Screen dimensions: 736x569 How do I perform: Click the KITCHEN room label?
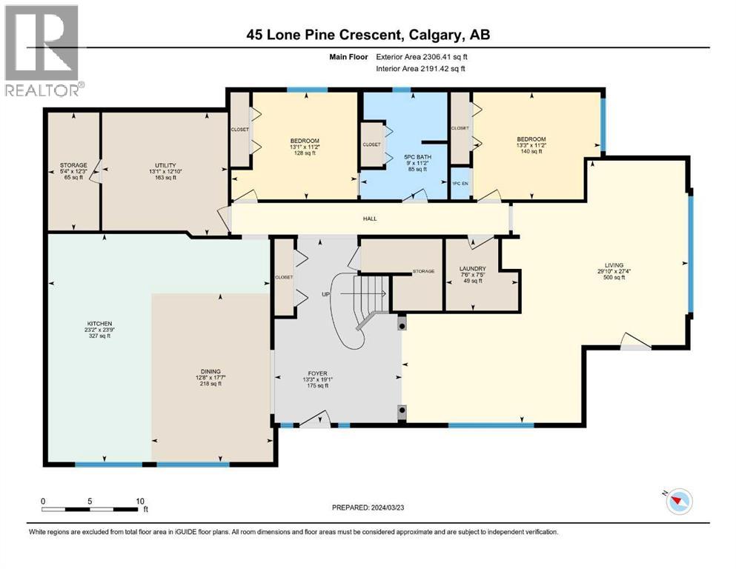click(100, 324)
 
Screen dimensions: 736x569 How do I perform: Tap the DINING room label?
click(210, 371)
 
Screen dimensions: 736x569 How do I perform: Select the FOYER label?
click(318, 373)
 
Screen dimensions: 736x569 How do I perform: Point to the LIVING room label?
click(614, 265)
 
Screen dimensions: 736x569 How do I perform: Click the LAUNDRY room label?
click(473, 269)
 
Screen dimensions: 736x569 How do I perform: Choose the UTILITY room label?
click(166, 165)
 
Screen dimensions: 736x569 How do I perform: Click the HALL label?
click(370, 219)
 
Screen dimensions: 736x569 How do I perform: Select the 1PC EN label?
click(460, 184)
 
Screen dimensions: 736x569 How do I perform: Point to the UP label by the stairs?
click(326, 294)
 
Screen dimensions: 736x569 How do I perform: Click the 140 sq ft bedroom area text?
click(531, 151)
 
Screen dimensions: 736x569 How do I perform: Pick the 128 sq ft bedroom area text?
click(305, 153)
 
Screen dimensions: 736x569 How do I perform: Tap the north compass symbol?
click(678, 501)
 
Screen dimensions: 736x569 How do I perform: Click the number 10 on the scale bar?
click(140, 501)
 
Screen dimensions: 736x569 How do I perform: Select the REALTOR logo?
click(43, 50)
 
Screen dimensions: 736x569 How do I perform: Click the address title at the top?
click(368, 35)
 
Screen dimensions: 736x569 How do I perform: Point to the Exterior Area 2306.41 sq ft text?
click(422, 57)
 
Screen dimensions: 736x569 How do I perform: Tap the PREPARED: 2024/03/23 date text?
click(368, 508)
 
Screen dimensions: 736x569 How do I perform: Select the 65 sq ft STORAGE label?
click(73, 171)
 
